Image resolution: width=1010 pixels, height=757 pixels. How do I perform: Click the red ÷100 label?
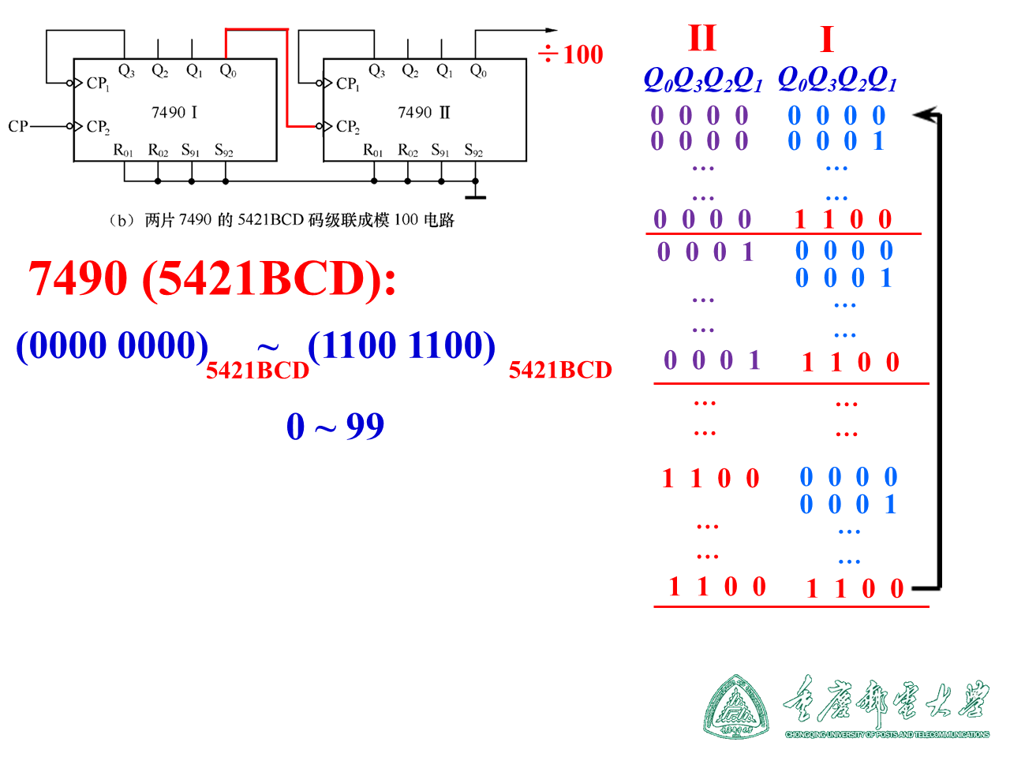coord(570,54)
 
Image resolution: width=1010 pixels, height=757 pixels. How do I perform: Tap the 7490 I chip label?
coord(174,113)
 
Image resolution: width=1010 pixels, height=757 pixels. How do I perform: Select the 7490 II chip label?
coord(424,113)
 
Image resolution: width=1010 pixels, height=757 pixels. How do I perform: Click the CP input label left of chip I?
coord(18,126)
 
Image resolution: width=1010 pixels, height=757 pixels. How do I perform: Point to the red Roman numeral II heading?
coord(701,38)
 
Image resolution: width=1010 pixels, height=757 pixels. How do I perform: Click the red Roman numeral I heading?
coord(826,39)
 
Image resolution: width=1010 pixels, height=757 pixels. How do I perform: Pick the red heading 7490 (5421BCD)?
coord(212,278)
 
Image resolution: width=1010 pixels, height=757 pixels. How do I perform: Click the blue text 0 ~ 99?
coord(335,427)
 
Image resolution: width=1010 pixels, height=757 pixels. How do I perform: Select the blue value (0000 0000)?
coord(112,345)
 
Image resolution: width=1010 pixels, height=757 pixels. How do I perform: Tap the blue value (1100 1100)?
coord(402,345)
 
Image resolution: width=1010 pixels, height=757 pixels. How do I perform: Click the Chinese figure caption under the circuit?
coord(281,220)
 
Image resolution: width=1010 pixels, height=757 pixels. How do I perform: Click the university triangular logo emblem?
coord(736,707)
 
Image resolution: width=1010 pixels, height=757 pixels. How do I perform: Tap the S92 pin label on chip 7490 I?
coord(224,151)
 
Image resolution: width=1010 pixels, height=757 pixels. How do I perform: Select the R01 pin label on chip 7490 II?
coord(373,151)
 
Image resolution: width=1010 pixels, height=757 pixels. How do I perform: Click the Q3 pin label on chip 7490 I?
coord(126,71)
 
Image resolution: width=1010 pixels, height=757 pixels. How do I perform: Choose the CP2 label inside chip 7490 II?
coord(348,127)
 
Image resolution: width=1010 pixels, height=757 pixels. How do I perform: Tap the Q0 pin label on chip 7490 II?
coord(478,71)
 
